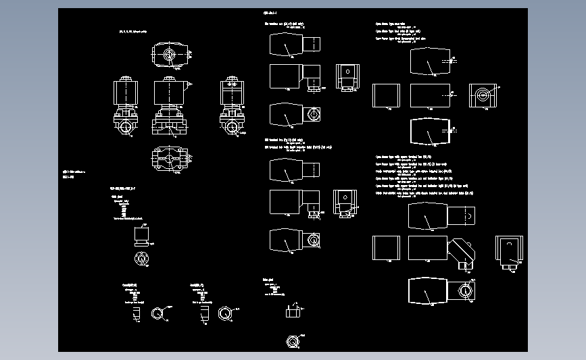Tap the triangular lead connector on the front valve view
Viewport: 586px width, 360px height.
[x=189, y=84]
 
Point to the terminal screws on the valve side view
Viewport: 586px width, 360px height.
[x=231, y=84]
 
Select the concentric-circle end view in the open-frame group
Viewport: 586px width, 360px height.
[x=483, y=95]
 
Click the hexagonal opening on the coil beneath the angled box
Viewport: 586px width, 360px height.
[x=465, y=290]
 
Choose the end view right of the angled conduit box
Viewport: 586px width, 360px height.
[x=509, y=249]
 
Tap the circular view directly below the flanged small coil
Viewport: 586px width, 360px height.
[x=142, y=257]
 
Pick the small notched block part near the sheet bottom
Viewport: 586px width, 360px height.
[x=293, y=311]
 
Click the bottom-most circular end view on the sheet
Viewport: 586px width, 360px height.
[x=293, y=341]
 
